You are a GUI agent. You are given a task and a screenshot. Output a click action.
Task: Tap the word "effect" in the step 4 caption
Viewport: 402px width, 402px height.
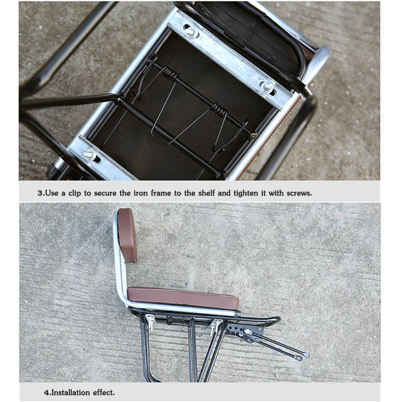coord(104,392)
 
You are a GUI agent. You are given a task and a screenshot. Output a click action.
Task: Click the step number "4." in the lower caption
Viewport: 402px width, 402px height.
coord(47,392)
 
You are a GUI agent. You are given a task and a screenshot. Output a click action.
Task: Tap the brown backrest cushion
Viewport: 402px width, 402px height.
coord(127,235)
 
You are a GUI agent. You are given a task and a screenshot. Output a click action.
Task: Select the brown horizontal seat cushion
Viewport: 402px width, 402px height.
coord(183,298)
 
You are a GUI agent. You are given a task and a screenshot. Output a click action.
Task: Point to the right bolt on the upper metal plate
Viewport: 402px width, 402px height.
coord(268,86)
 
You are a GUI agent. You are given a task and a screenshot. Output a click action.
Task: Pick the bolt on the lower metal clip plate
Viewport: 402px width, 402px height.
coord(90,154)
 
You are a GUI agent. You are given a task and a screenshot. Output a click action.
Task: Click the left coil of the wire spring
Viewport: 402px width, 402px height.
coord(170,75)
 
